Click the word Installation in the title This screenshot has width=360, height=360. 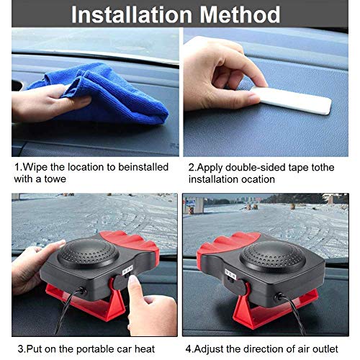(x=132, y=14)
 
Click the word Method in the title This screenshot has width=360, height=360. (x=240, y=14)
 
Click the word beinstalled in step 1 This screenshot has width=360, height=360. (x=143, y=167)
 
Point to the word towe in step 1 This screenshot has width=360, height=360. (x=55, y=179)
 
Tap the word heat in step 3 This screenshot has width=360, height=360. (x=145, y=348)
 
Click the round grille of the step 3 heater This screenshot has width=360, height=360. (x=88, y=253)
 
